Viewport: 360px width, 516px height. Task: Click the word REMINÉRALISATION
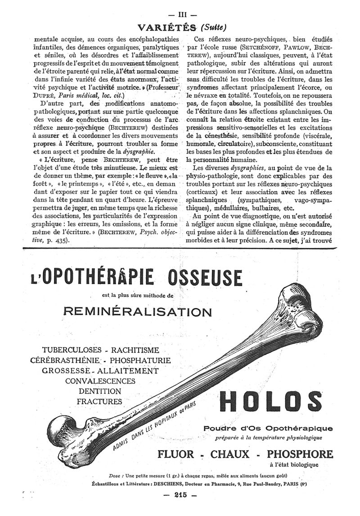138,312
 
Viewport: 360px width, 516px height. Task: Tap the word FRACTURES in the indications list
99,401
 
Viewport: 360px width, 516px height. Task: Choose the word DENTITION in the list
99,391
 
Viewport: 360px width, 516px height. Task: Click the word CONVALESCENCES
100,380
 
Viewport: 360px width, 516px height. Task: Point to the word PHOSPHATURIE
140,360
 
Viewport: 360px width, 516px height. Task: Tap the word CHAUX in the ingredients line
236,453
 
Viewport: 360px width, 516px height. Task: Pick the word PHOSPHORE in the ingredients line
301,453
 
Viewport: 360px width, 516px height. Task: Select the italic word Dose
116,475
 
